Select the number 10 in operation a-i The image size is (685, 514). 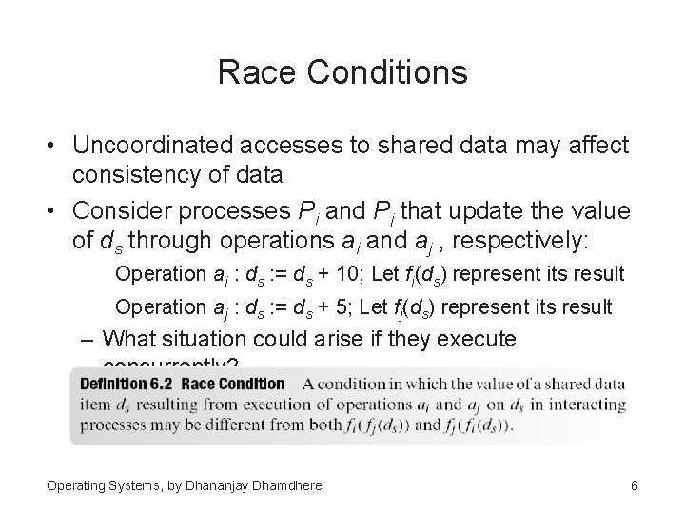click(x=354, y=274)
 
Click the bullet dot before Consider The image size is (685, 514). click(x=59, y=208)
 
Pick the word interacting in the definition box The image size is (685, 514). click(x=589, y=405)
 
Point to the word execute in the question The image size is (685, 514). click(x=483, y=339)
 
